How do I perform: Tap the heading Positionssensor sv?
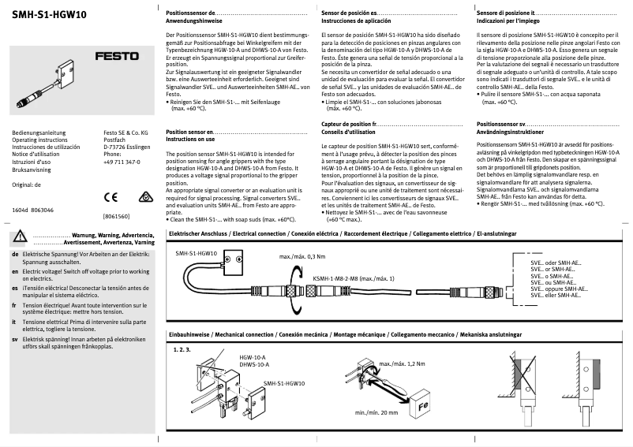pyautogui.click(x=501, y=125)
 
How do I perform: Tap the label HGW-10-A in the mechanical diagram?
pyautogui.click(x=253, y=356)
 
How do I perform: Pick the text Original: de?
pyautogui.click(x=28, y=184)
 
